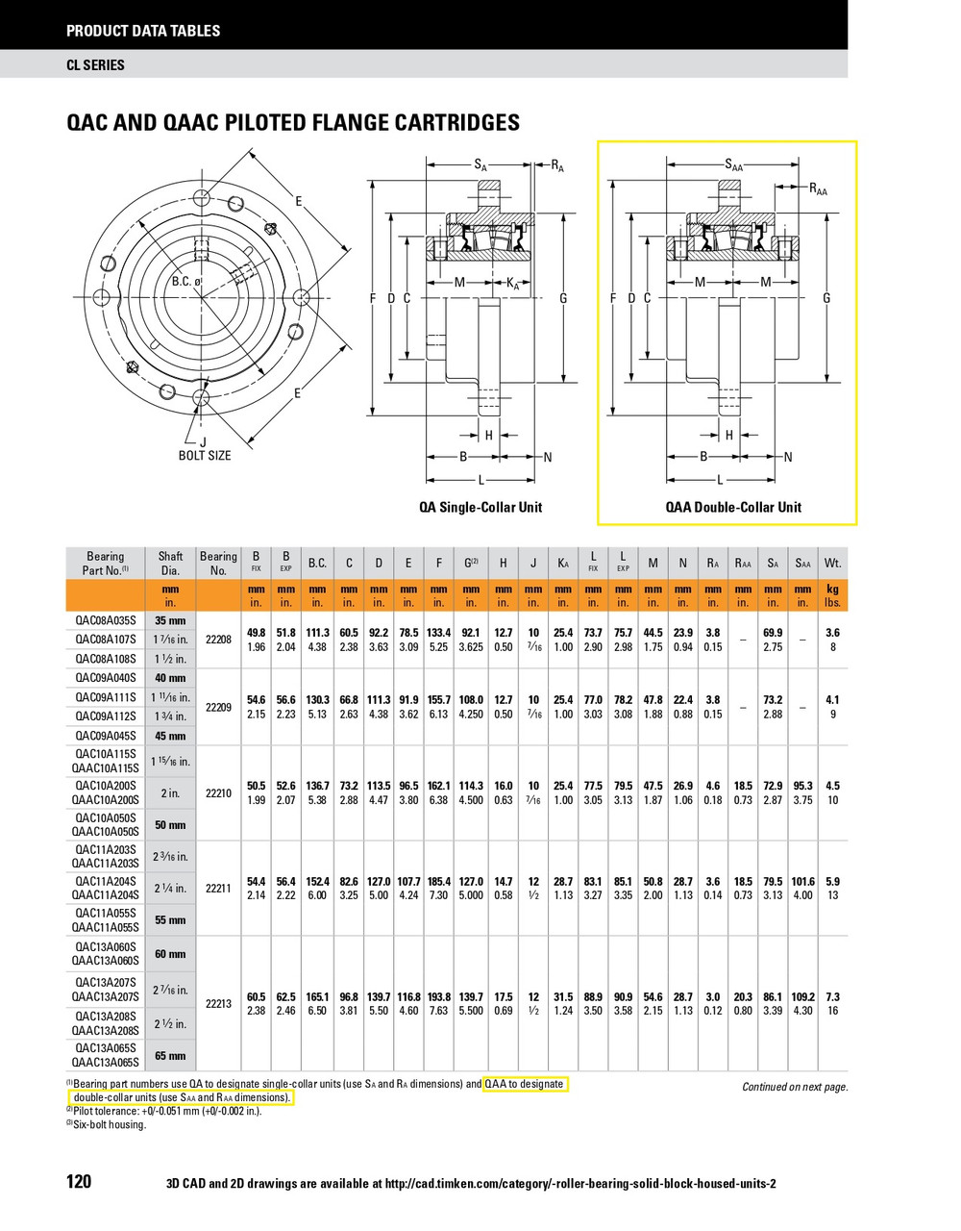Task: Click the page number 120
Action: [79, 1181]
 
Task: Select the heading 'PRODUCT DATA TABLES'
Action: [143, 31]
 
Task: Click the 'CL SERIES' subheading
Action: [95, 65]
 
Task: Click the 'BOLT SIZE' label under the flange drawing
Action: [205, 455]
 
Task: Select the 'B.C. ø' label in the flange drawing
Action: [186, 282]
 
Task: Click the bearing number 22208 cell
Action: [218, 640]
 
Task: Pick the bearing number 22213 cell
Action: [218, 1003]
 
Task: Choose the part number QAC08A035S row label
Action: [106, 620]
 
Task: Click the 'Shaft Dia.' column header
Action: [170, 563]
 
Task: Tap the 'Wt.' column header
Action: [832, 563]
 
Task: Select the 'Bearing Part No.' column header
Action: [106, 563]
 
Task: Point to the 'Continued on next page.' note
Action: [795, 1087]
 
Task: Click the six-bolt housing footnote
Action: [110, 1124]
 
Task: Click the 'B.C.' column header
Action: [316, 563]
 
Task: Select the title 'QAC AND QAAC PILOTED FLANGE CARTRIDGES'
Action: [293, 122]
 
